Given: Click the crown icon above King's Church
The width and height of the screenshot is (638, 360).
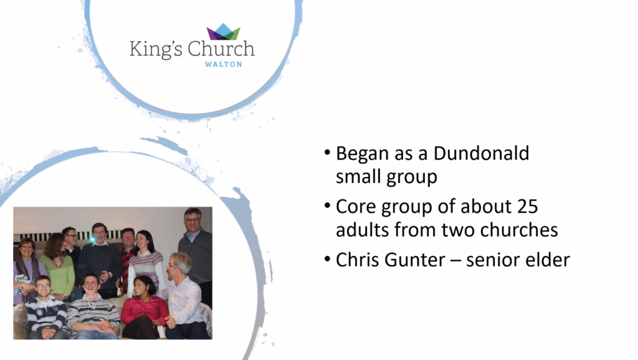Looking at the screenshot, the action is [224, 31].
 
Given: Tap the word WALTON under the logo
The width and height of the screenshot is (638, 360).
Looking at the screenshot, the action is [224, 64].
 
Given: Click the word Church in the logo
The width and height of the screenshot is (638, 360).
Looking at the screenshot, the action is [221, 49].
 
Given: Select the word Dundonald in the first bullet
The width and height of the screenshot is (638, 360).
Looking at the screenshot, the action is [481, 153].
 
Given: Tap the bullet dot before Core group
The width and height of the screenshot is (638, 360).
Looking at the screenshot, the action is [327, 206].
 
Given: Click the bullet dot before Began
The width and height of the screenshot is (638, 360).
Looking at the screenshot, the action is [327, 153].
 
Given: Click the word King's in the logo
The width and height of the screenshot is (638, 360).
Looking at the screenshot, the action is [156, 49].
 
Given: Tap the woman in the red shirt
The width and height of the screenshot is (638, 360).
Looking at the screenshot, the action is [145, 308].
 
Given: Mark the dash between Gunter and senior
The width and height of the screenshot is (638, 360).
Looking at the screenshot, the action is [455, 260].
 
